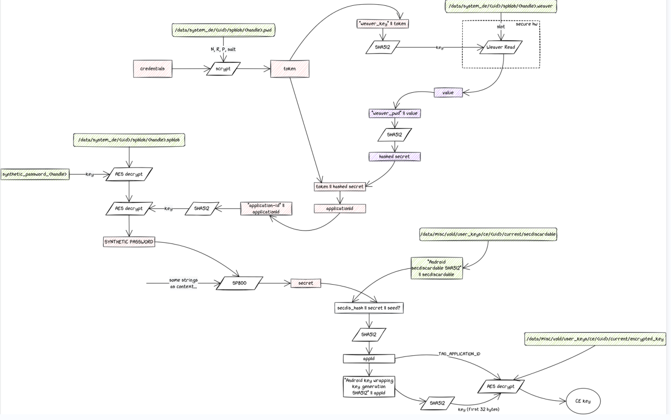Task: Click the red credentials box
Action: point(152,69)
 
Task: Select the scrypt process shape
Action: point(223,69)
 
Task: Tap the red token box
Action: point(290,69)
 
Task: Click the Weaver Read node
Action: point(500,47)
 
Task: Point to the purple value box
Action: point(448,93)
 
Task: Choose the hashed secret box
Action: point(394,156)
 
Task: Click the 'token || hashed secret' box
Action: point(340,187)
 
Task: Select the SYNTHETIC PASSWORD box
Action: point(129,242)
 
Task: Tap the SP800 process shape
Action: point(239,283)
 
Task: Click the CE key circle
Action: point(583,401)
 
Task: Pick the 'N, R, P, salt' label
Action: point(223,49)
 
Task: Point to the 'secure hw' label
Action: point(526,24)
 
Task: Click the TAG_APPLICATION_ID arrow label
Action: point(459,354)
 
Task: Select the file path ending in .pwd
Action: point(223,30)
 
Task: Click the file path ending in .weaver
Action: point(500,6)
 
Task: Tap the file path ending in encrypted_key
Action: point(595,339)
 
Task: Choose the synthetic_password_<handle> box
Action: point(34,175)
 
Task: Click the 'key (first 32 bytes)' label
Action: point(478,409)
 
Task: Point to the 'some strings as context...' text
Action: point(183,283)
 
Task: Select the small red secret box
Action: point(306,283)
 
